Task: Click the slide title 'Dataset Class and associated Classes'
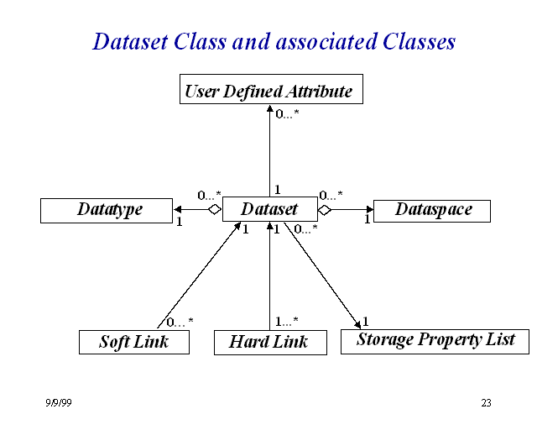(274, 41)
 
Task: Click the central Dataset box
(269, 209)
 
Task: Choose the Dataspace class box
(431, 209)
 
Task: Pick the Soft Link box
(133, 342)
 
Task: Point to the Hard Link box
(268, 342)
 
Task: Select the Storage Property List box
(435, 340)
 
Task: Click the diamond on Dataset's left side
(215, 209)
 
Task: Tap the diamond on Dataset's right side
(325, 209)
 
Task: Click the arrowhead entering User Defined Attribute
(270, 109)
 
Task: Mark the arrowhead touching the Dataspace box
(368, 209)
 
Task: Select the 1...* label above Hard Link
(287, 321)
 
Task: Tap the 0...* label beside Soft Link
(179, 322)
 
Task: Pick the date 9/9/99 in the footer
(59, 403)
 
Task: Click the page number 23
(486, 403)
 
